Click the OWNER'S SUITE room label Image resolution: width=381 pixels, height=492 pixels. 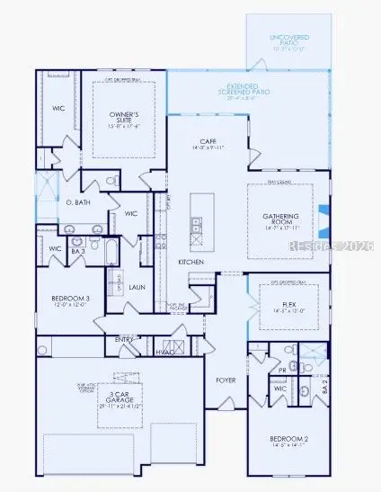124,118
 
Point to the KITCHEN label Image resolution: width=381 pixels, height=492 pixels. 191,262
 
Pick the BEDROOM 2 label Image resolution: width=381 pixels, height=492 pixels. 288,440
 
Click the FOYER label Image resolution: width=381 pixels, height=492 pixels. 225,380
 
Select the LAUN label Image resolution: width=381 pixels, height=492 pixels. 137,287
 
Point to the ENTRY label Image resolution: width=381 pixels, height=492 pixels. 124,339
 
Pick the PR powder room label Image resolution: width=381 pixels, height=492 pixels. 282,369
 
